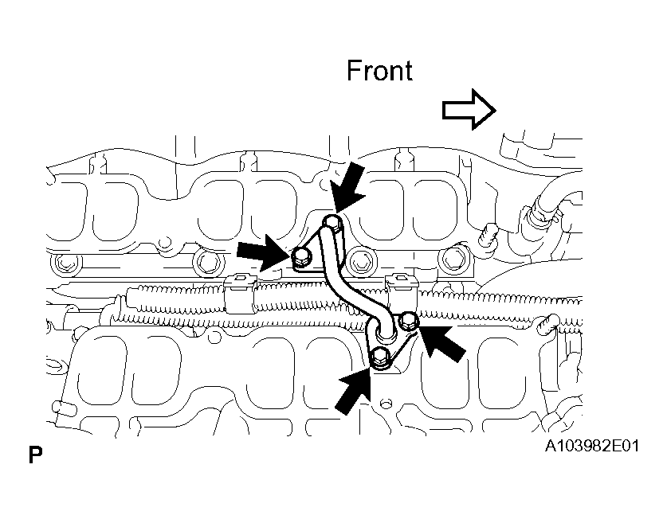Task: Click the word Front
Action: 379,71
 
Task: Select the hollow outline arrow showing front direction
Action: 469,110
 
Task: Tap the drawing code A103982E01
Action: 592,446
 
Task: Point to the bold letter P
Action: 35,455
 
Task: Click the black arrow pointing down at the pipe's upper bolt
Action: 350,187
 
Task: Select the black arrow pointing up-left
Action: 442,344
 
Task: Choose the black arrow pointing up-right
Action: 353,391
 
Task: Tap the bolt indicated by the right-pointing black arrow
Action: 301,256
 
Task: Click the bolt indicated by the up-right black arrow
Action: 379,356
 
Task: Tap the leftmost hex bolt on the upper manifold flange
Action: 65,263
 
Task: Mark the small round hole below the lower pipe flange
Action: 386,401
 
